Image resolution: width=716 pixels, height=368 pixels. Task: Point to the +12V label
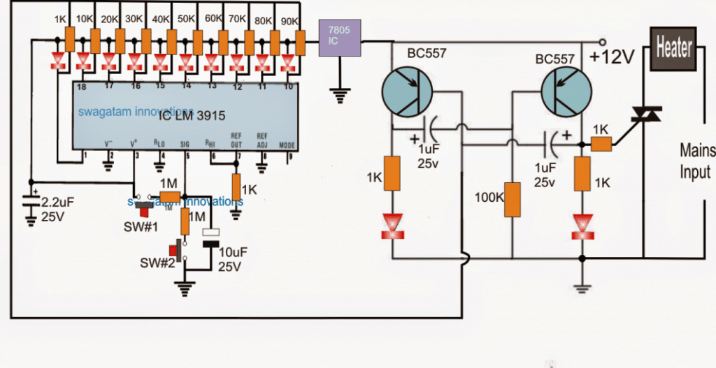coord(612,58)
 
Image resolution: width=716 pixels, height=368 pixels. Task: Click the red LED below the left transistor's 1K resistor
coord(393,225)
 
